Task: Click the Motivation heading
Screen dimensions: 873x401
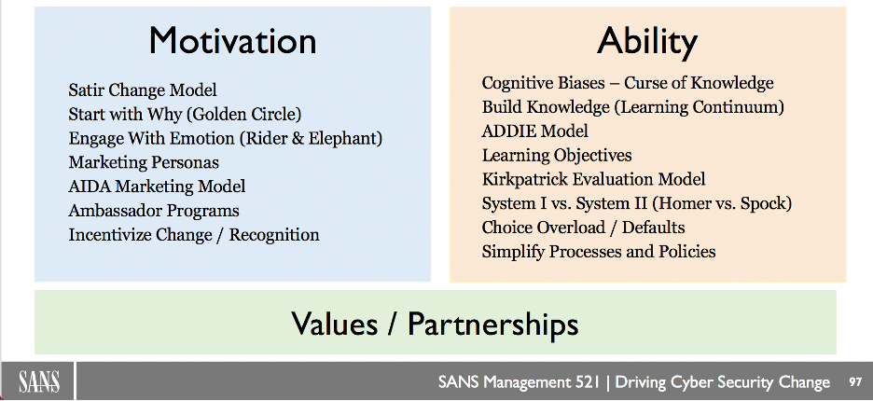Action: click(x=232, y=41)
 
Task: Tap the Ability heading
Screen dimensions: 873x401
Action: click(x=647, y=42)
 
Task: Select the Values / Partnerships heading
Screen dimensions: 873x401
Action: click(x=435, y=323)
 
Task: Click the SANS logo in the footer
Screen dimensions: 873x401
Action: click(x=39, y=382)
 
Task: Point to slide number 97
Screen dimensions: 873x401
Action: click(x=855, y=382)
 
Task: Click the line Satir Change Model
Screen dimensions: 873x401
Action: click(x=143, y=90)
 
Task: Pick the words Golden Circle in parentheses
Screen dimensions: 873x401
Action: click(x=242, y=114)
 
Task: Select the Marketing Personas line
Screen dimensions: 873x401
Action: click(x=144, y=162)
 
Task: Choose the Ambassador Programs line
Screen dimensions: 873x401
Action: click(x=154, y=211)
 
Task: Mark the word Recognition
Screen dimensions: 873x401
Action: click(x=274, y=235)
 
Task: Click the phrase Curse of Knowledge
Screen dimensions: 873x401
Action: click(x=699, y=83)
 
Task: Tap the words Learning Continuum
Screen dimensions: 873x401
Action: click(x=699, y=107)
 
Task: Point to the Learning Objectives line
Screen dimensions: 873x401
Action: click(x=557, y=155)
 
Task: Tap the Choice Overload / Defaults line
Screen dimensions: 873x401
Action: click(x=584, y=228)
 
